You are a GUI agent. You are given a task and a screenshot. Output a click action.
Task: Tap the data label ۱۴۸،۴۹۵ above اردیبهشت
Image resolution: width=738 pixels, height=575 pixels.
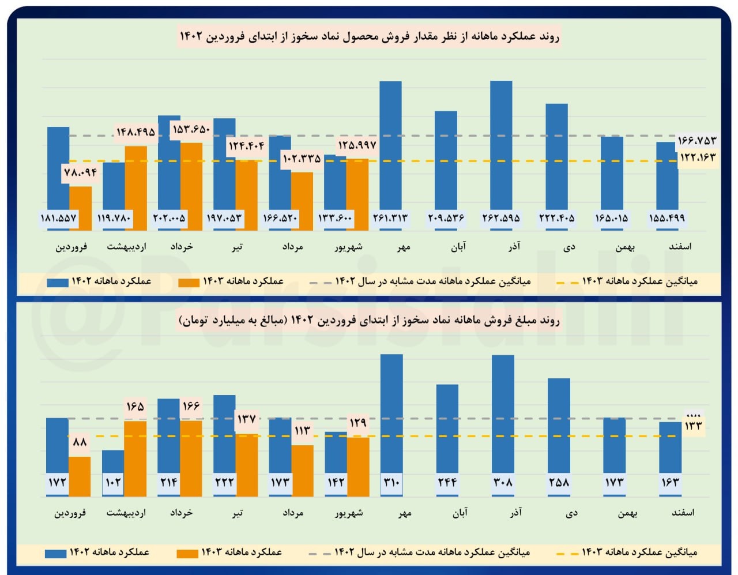(135, 132)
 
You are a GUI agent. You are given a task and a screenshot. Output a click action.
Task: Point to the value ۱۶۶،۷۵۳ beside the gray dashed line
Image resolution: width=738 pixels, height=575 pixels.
(697, 140)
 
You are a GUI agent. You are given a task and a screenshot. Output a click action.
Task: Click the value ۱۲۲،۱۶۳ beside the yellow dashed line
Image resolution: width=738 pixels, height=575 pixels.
(697, 157)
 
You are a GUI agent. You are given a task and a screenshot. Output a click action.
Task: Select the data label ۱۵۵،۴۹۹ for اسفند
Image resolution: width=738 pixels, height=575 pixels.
(667, 218)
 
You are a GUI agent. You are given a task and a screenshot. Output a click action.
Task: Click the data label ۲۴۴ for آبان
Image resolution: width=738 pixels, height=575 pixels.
(447, 482)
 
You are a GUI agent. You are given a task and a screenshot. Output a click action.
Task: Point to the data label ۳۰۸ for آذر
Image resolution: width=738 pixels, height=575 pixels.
(503, 482)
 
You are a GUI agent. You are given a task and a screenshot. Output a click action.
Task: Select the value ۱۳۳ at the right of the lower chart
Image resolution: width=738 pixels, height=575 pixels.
(693, 426)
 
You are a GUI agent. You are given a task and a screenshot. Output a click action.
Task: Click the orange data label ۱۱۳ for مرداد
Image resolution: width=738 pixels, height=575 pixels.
(302, 430)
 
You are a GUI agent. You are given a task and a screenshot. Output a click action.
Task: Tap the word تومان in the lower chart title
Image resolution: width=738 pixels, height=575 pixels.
(194, 321)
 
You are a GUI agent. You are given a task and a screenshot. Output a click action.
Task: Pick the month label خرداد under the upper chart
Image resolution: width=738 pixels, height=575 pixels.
(182, 247)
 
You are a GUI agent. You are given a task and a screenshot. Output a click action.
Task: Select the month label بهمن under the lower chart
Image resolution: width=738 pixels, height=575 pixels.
(626, 513)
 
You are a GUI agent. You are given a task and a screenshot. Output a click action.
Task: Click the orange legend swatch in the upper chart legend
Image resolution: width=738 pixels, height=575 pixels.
(189, 283)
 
